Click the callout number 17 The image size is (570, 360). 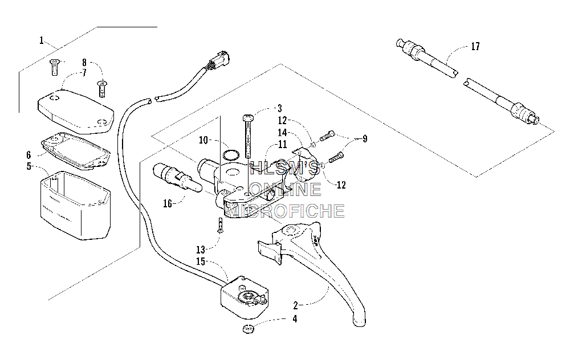point(475,47)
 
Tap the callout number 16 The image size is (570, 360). point(167,203)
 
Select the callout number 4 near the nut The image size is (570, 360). point(295,319)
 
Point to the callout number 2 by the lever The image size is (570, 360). point(295,305)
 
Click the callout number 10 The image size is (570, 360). point(203,140)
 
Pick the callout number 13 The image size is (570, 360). point(201,250)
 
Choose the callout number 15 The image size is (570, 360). point(201,261)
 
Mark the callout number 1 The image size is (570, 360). point(42,40)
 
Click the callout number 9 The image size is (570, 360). point(365,139)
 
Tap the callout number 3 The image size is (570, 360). point(279,108)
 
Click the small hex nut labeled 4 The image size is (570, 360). point(248,329)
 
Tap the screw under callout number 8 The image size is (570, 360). point(102,88)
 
